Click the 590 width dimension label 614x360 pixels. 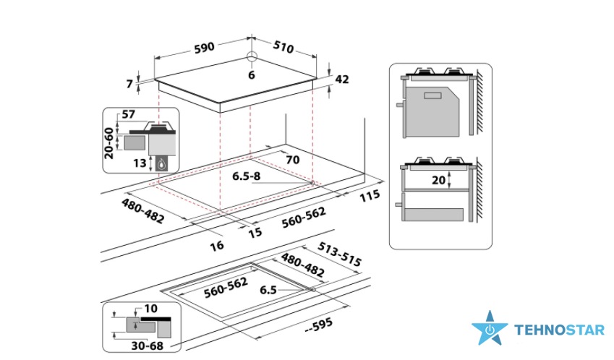point(205,47)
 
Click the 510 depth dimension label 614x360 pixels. point(283,47)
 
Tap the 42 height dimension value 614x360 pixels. point(342,79)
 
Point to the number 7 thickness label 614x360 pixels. point(129,84)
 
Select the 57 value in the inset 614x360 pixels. point(129,114)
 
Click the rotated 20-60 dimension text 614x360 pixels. point(109,143)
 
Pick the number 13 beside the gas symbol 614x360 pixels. point(140,163)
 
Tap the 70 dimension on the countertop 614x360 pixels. point(292,160)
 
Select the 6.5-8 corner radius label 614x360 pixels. point(247,176)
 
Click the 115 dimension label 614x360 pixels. point(370,195)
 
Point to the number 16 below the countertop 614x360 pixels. point(217,246)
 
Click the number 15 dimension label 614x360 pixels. point(255,233)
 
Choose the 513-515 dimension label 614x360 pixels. point(339,254)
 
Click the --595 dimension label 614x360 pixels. point(319,325)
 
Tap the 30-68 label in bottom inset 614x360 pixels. point(148,346)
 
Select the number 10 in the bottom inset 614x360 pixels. point(150,309)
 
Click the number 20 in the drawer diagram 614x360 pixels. point(438,180)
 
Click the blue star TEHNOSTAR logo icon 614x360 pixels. point(489,329)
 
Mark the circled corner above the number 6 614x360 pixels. point(252,56)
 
